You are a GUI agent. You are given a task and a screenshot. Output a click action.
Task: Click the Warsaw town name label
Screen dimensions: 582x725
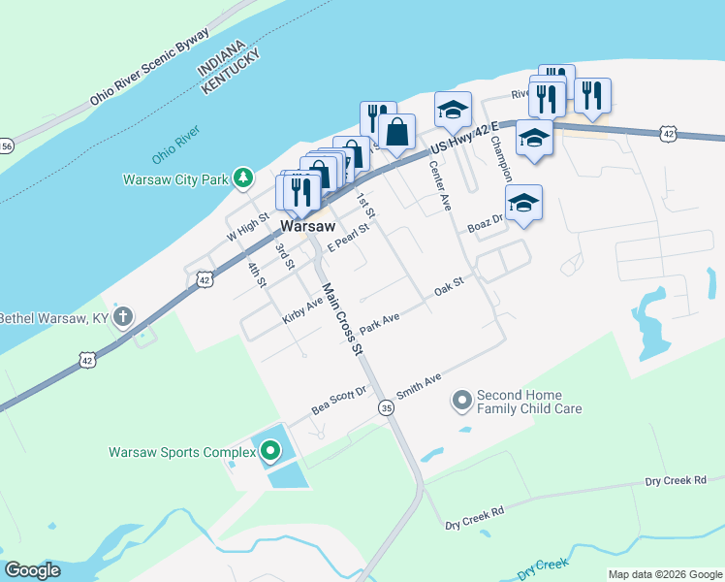pos(308,226)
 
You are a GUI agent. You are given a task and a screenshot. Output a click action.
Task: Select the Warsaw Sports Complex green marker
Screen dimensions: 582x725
pos(270,451)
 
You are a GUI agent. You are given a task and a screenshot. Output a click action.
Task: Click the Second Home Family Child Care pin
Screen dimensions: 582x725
pos(461,399)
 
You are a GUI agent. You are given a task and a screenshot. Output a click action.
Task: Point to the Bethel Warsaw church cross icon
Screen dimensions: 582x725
pos(122,316)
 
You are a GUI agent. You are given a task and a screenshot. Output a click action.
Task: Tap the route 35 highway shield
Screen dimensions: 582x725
pos(386,407)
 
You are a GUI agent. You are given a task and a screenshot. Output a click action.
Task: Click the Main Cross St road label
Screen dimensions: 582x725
pos(341,318)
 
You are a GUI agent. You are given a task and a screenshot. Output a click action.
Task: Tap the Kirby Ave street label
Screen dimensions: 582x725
pos(302,310)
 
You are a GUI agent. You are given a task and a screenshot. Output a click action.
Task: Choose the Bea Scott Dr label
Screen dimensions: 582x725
pos(338,401)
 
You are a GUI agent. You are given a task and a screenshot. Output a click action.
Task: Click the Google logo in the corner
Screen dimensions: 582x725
pos(32,570)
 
